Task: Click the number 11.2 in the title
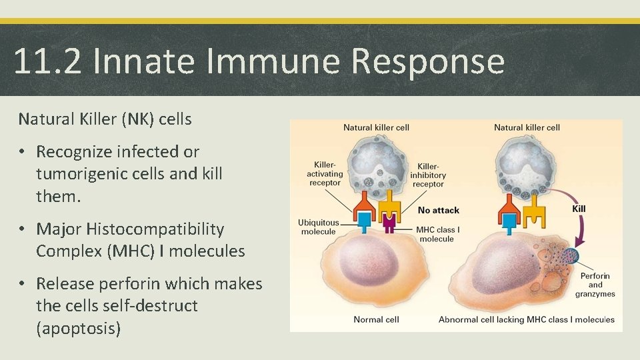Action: tap(47, 61)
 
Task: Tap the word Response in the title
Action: tap(427, 61)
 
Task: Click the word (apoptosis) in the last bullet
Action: tap(78, 328)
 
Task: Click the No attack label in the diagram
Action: tap(438, 210)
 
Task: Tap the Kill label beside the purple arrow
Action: tap(579, 209)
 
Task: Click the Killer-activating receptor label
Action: tap(325, 173)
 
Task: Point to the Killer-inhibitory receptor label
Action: tap(427, 175)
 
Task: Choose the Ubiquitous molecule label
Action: tap(318, 227)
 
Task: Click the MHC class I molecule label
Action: tap(437, 234)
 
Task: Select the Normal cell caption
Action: tap(376, 319)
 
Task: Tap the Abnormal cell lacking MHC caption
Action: tap(526, 319)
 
